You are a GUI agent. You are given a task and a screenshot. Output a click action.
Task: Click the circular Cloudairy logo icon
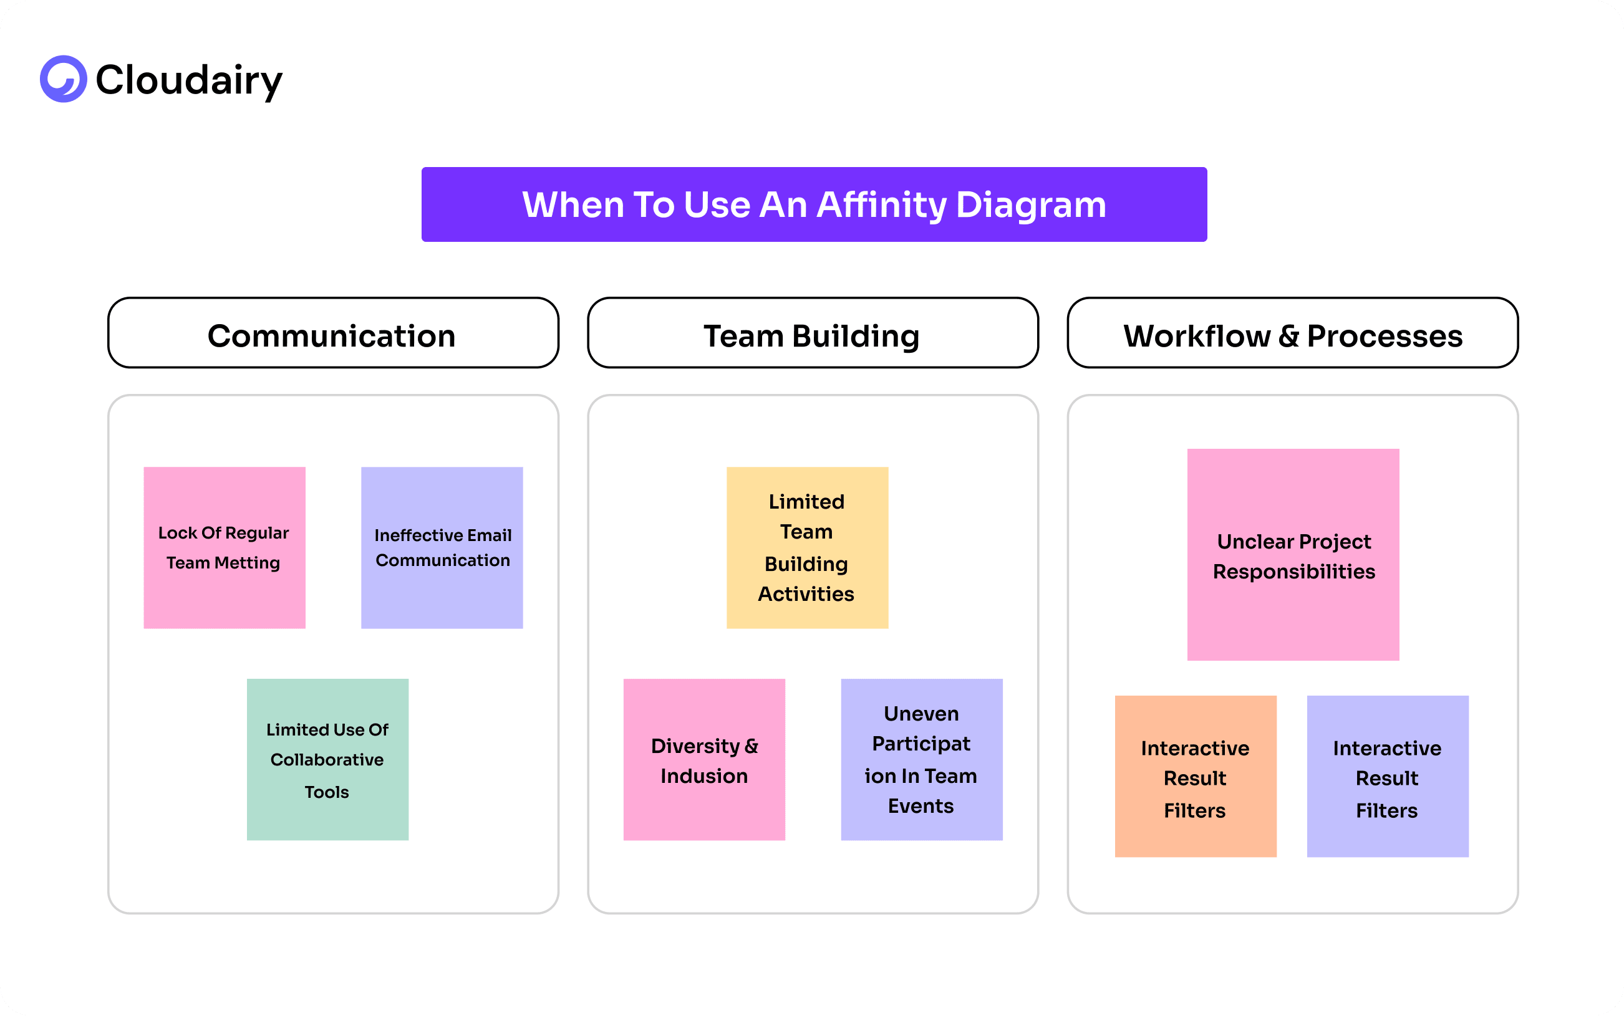click(x=63, y=79)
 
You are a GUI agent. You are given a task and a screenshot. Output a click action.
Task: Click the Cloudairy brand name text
click(x=189, y=80)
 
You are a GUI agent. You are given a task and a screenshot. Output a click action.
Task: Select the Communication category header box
click(x=333, y=333)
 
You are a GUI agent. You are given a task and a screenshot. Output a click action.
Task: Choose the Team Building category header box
click(x=812, y=333)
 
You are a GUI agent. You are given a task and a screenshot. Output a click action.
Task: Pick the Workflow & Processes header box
click(x=1292, y=333)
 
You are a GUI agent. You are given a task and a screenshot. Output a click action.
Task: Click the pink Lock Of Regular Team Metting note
click(x=225, y=548)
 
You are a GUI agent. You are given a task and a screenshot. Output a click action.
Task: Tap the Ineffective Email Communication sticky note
click(x=442, y=548)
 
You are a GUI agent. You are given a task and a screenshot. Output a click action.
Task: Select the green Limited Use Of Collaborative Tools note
click(x=327, y=759)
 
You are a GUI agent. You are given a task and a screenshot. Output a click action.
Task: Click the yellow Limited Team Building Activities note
click(x=806, y=548)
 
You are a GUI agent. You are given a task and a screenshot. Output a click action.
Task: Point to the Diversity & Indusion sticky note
click(x=703, y=759)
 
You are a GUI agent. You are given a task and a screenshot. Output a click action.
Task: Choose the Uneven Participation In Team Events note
click(x=921, y=759)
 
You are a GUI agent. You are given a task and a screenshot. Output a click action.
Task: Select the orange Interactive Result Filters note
click(x=1195, y=776)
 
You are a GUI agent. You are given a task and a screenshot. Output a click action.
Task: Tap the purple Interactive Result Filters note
click(x=1388, y=776)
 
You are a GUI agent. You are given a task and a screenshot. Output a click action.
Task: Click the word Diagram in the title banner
click(x=1030, y=204)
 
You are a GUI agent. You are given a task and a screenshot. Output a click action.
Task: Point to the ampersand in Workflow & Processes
click(x=1288, y=336)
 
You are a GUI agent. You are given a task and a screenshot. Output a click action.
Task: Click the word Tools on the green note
click(x=327, y=792)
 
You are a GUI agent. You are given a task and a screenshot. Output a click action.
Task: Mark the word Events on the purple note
click(x=921, y=806)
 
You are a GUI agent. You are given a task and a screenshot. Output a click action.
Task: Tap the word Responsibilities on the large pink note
click(x=1293, y=572)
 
